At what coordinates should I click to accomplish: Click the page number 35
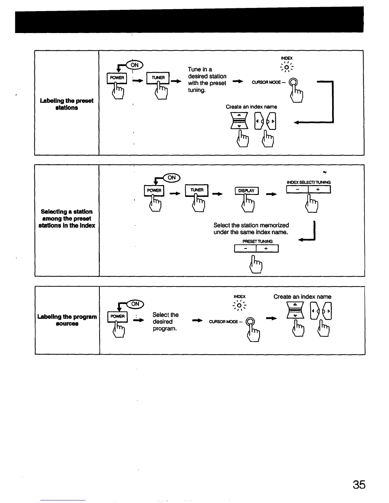point(359,485)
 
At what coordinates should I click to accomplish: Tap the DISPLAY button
point(246,191)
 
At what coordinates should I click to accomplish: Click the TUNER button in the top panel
point(158,77)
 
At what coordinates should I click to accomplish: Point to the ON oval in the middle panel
point(172,178)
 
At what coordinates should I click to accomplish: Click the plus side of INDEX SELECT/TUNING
point(319,190)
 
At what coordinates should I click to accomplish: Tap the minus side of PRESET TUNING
point(245,249)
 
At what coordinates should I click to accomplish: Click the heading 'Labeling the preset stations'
point(67,104)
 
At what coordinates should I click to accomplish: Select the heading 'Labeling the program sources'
point(67,320)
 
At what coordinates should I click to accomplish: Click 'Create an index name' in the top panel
point(251,107)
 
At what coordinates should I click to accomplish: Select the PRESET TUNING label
point(257,241)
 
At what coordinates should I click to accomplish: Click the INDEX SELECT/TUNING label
point(309,182)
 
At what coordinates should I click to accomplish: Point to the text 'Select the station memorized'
point(251,225)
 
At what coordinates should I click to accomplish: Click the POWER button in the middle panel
point(154,190)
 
